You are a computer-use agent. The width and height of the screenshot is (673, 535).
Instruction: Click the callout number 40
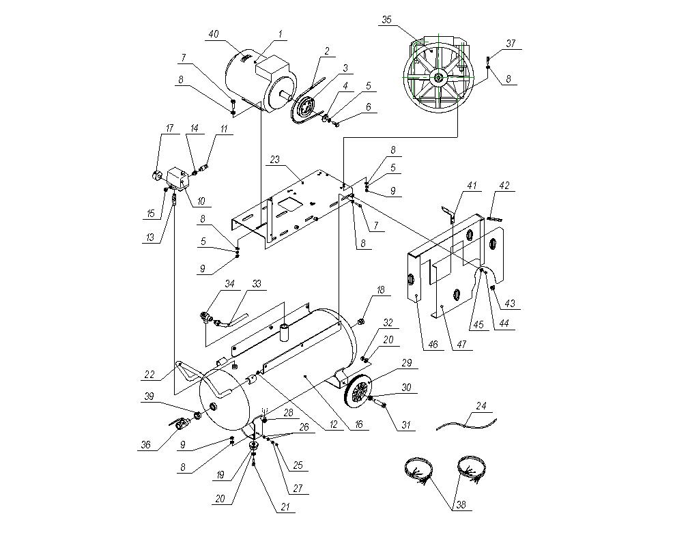212,34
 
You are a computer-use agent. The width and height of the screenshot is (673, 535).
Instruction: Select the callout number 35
386,20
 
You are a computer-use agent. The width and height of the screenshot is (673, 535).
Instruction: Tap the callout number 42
504,186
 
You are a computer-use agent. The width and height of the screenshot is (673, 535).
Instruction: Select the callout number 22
149,373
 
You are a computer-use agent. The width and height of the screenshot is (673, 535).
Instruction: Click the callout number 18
381,291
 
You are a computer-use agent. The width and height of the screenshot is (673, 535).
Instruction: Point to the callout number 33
257,283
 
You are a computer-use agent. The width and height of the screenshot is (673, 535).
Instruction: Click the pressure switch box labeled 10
179,179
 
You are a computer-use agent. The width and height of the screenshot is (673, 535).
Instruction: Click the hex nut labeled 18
360,320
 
